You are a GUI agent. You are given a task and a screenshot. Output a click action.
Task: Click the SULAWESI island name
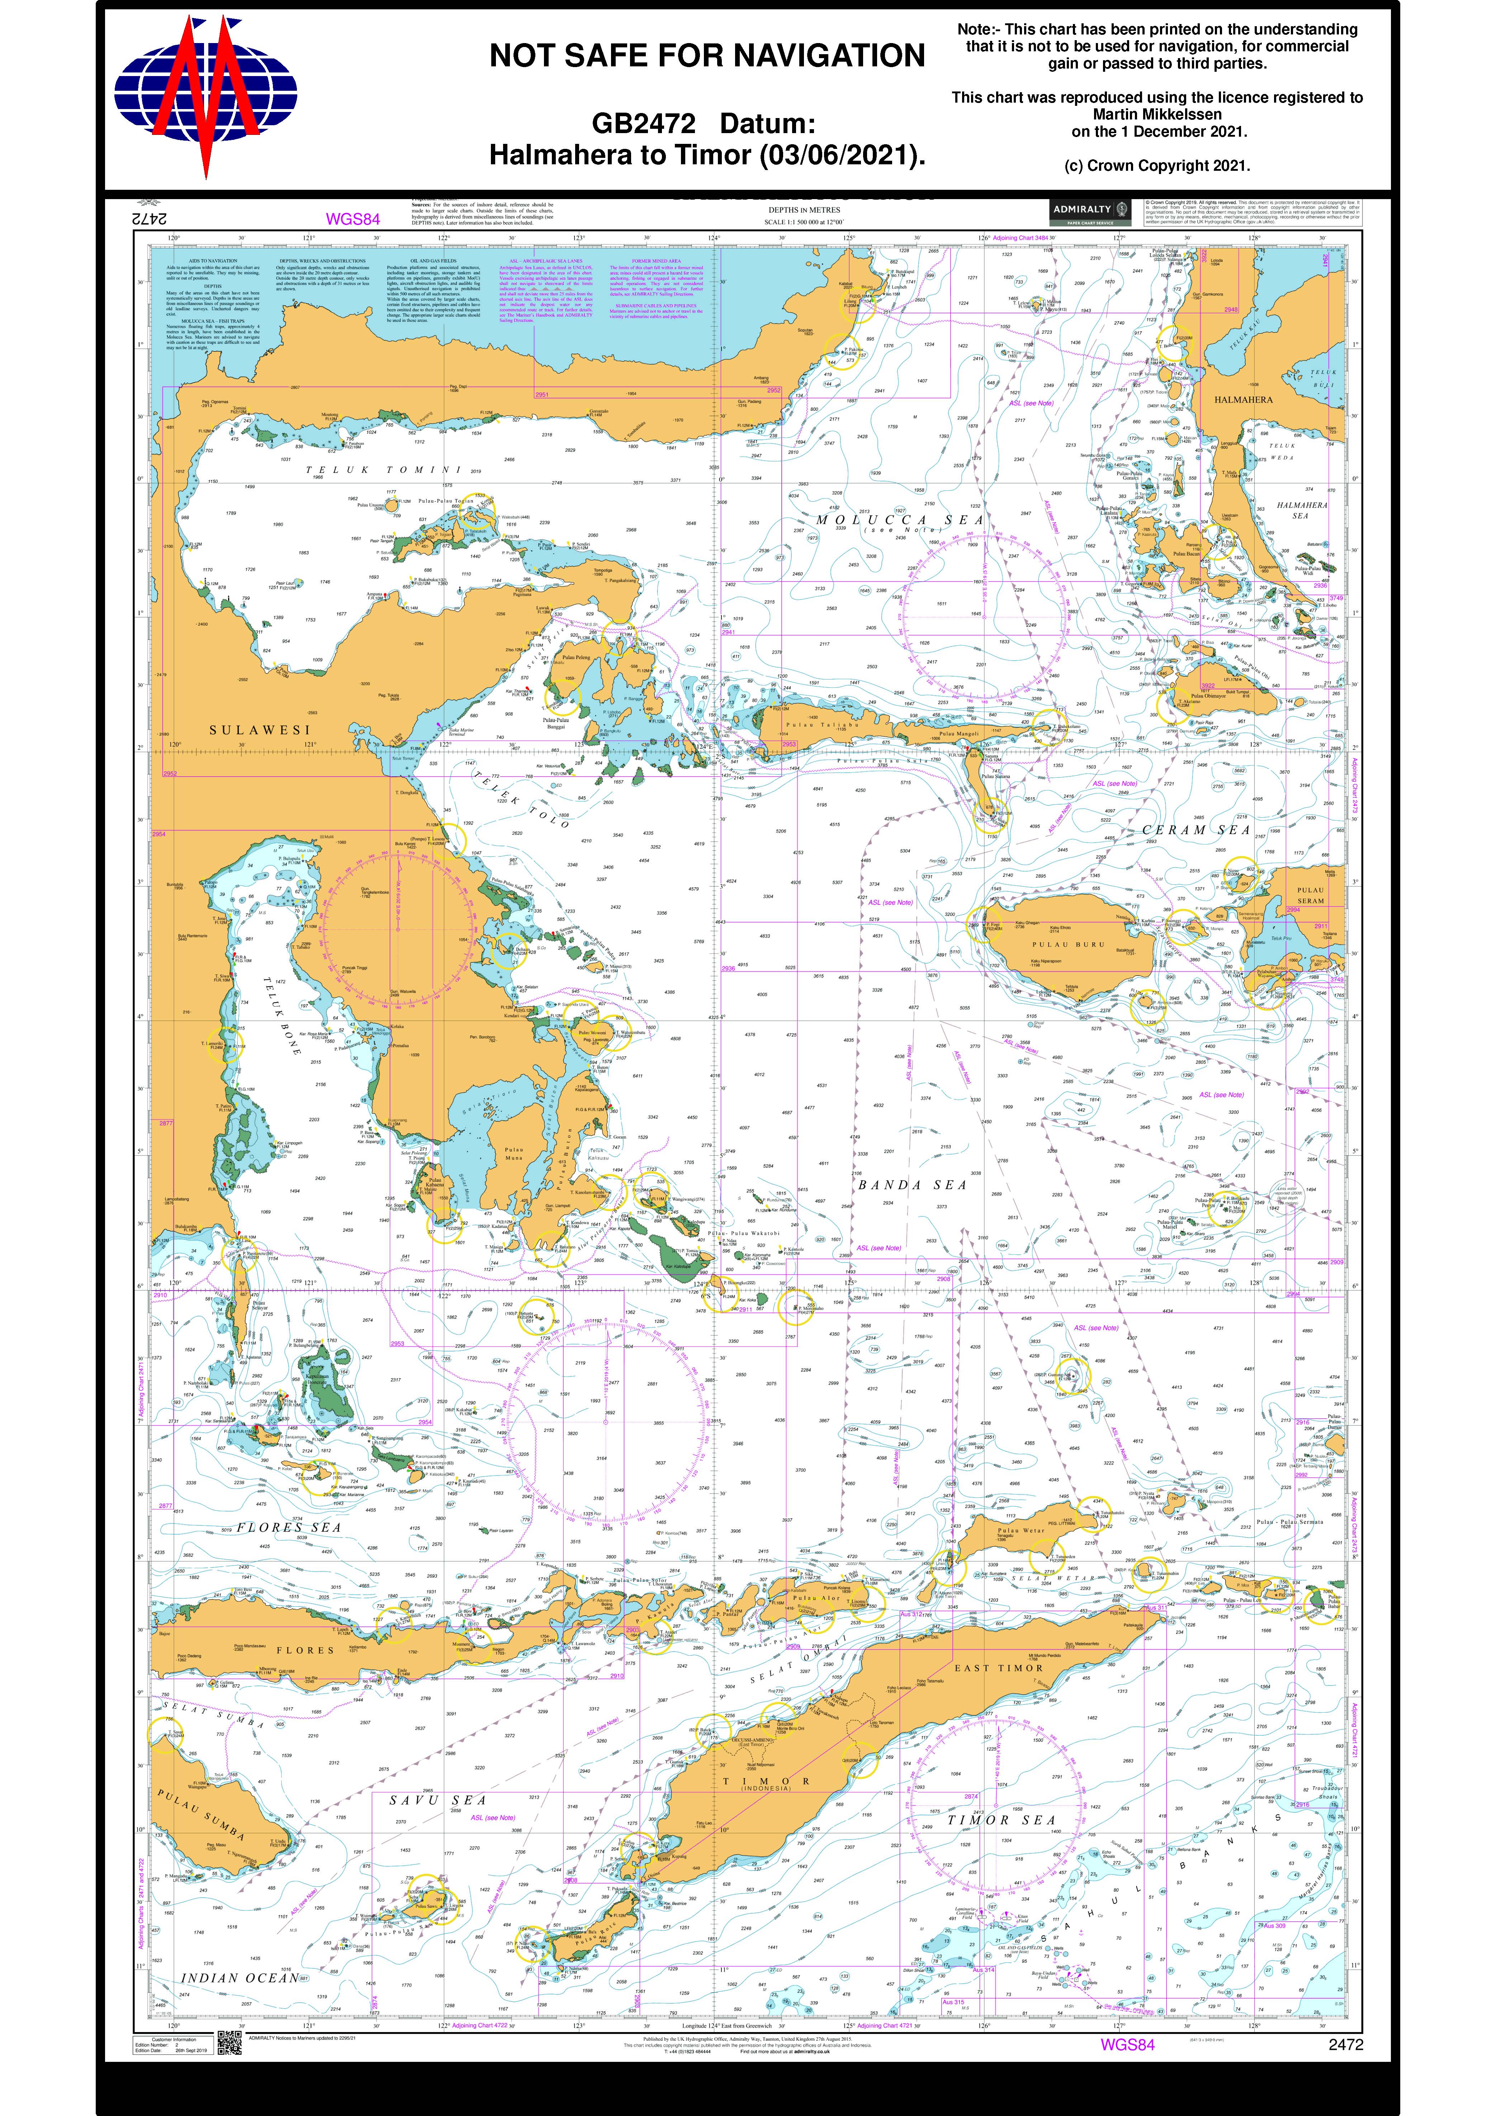pyautogui.click(x=260, y=730)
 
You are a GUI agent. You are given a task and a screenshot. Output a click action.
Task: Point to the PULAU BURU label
pyautogui.click(x=1067, y=945)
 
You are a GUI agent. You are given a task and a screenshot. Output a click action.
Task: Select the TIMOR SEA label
pyautogui.click(x=1001, y=1820)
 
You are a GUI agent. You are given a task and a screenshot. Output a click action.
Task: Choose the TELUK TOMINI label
pyautogui.click(x=383, y=470)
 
